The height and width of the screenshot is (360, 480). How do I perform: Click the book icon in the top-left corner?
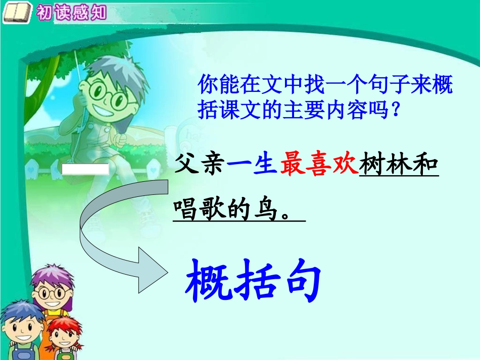[15, 13]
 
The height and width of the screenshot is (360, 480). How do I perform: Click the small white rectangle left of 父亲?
[85, 169]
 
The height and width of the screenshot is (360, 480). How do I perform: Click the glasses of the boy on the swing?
[108, 96]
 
